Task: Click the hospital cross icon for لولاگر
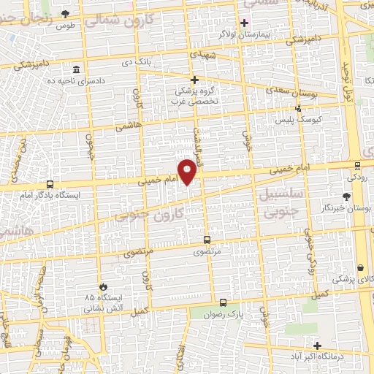244,22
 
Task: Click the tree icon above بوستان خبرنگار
346,196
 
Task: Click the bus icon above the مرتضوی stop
207,240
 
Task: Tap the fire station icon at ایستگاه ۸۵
103,287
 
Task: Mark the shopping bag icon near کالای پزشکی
362,267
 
